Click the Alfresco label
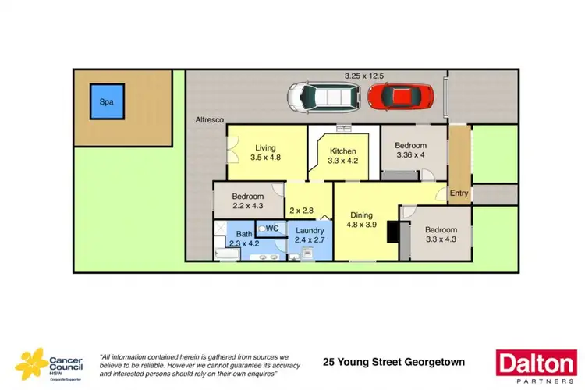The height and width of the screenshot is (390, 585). tap(210, 119)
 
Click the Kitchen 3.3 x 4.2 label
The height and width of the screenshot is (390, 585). tap(342, 157)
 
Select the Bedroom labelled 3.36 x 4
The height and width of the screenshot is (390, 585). tap(410, 150)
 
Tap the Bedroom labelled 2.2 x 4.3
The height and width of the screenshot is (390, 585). tap(247, 201)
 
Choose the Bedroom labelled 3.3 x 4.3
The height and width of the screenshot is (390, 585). tap(441, 236)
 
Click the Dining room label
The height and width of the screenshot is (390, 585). tap(361, 221)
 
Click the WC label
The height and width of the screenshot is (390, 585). tap(272, 228)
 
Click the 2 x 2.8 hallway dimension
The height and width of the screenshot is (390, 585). tap(301, 211)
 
